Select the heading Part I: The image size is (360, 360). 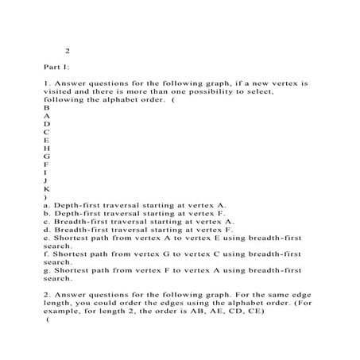point(57,68)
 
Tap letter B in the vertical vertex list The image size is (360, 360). point(47,106)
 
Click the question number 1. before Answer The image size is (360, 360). point(48,82)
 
